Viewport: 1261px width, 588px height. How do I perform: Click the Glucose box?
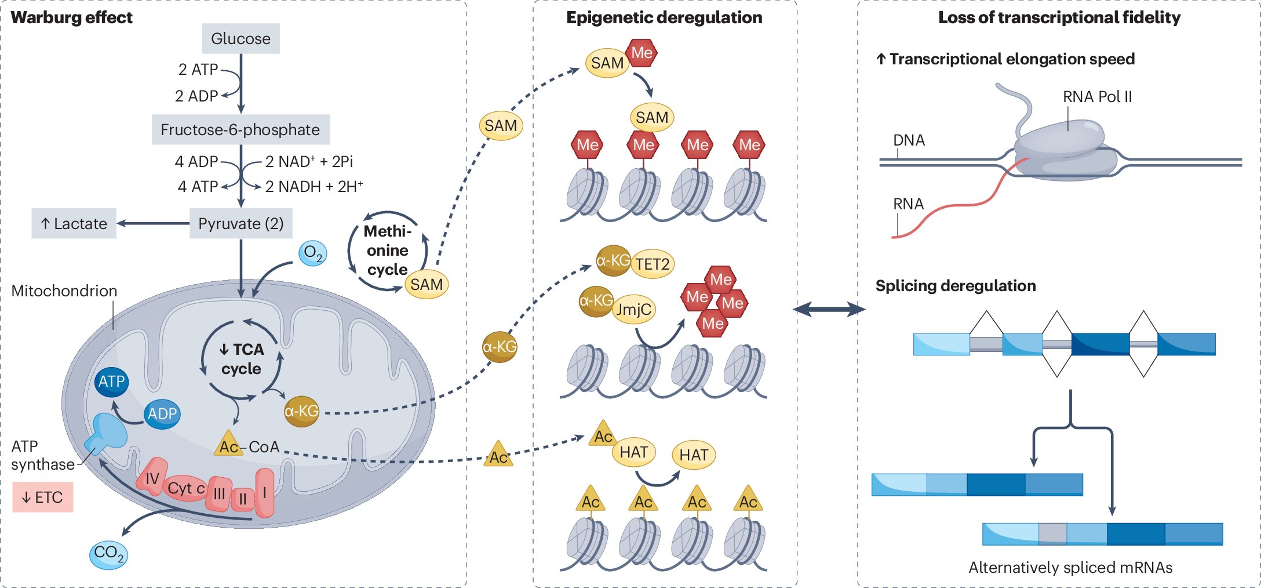click(x=240, y=39)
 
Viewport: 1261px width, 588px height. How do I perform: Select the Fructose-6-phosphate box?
click(x=240, y=129)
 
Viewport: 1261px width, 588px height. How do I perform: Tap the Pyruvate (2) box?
click(x=241, y=223)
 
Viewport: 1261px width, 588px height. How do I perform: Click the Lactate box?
click(x=74, y=223)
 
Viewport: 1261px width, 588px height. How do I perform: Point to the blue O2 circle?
click(x=313, y=253)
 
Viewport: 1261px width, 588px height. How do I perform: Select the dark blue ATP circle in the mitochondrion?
click(x=111, y=382)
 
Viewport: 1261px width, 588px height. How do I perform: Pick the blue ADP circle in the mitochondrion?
click(x=162, y=414)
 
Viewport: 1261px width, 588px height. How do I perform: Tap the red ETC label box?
click(x=43, y=497)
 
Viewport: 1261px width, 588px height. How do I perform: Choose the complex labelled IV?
click(x=152, y=477)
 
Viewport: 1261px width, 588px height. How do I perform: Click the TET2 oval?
click(x=653, y=264)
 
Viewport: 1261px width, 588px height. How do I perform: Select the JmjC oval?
click(x=633, y=309)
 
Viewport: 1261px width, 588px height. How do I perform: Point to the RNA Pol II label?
click(x=1097, y=96)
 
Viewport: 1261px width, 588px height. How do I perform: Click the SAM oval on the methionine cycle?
click(x=427, y=284)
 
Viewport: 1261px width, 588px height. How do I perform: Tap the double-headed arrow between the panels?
click(x=829, y=309)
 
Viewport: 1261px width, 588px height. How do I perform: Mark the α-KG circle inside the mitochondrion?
click(x=301, y=412)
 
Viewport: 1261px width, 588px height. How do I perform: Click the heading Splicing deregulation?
click(x=956, y=286)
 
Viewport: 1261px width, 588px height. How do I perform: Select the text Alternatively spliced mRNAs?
click(x=1070, y=567)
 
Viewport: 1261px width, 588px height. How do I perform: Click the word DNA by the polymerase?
click(x=909, y=140)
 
